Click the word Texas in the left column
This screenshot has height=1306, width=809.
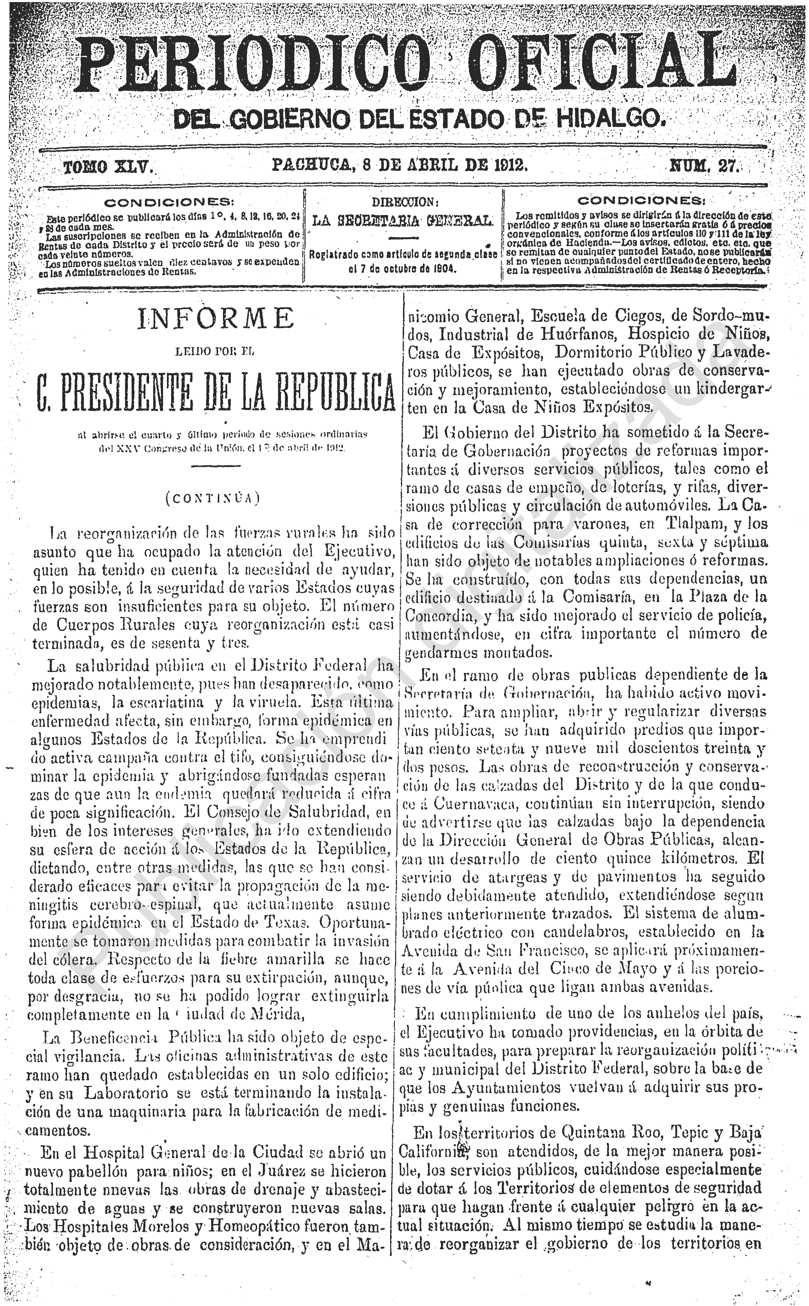287,922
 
